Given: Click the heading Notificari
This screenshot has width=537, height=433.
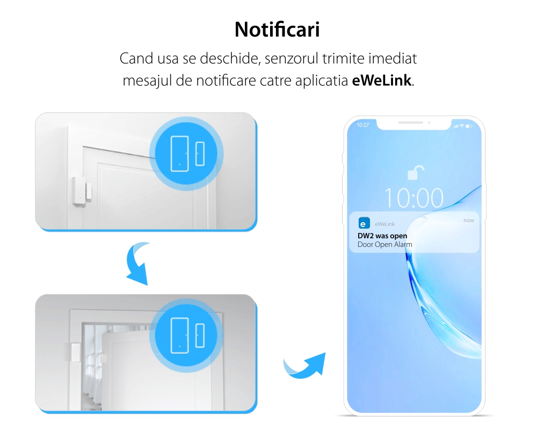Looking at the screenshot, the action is point(277,30).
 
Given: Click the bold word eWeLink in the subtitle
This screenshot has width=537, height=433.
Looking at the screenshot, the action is point(381,81).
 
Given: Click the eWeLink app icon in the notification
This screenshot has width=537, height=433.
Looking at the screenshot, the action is point(364,223).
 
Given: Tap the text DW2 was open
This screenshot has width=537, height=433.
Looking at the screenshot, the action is point(382,236).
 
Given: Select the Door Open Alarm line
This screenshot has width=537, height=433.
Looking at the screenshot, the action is point(384,244).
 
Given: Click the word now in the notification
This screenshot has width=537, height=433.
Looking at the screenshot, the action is point(468,221).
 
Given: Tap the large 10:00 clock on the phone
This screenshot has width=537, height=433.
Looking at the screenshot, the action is point(413,198).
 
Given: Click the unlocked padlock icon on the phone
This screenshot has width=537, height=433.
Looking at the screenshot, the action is point(416,173).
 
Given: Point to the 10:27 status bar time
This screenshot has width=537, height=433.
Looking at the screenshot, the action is point(363,125).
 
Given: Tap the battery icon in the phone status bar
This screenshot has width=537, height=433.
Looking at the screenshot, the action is point(469,126).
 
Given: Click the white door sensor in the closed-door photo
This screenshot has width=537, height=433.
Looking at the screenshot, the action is point(82,191).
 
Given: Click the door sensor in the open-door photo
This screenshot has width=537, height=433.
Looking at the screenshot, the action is point(75,352).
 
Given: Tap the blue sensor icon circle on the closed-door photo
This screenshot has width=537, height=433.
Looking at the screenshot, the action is point(186,153).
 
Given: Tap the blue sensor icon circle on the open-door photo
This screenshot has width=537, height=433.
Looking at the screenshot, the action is point(186,335).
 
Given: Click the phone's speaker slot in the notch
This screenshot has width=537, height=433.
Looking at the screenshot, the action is point(411,123).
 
